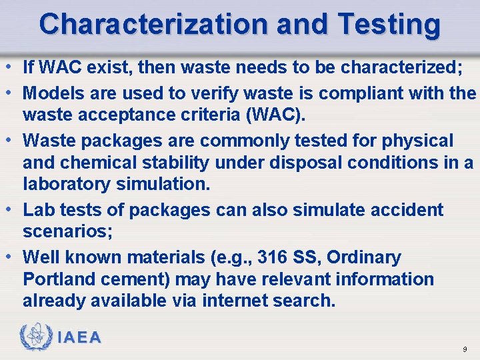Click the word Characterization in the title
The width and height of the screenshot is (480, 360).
tap(152, 24)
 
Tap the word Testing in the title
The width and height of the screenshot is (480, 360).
tap(389, 24)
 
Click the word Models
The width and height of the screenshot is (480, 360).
tap(51, 93)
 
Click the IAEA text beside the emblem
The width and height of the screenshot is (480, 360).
tap(79, 337)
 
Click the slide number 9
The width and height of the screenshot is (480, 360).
tap(465, 349)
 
